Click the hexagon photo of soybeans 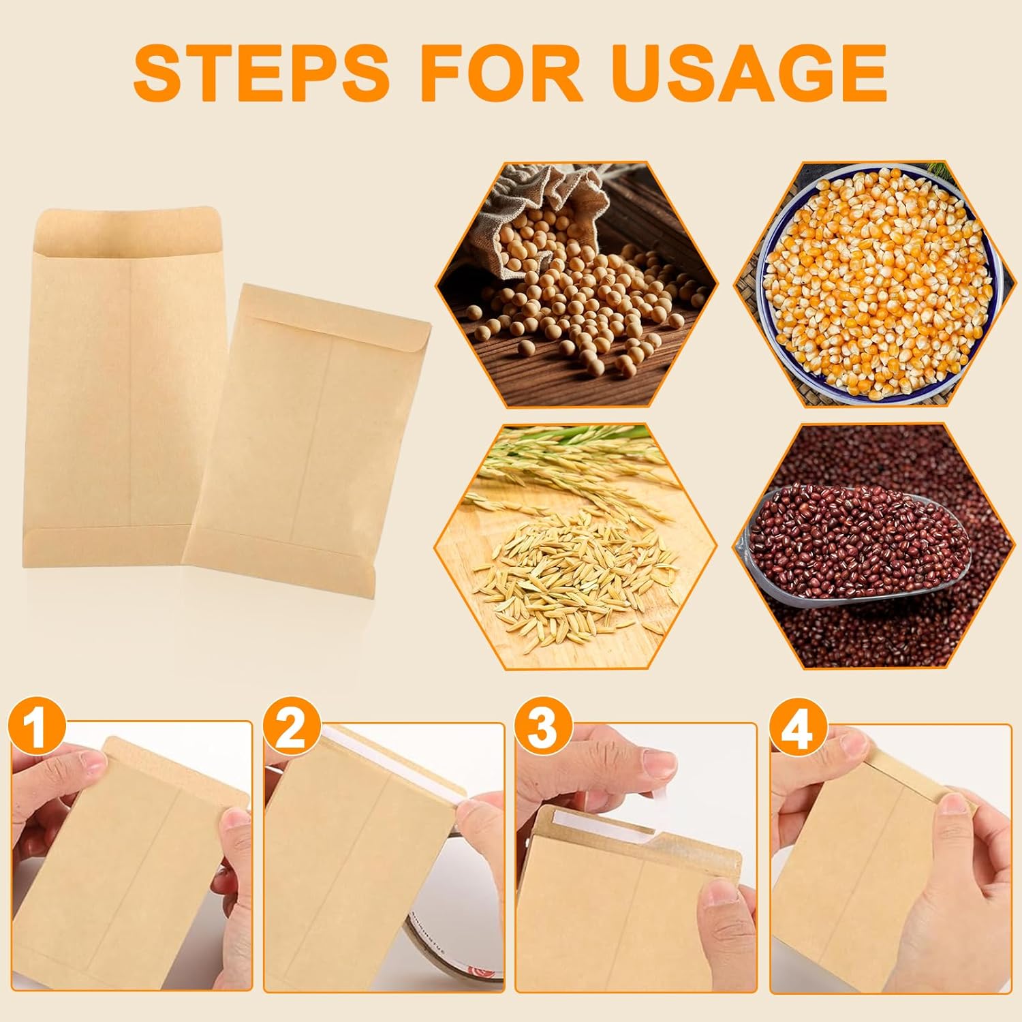pos(576,285)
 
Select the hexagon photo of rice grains pos(576,546)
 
